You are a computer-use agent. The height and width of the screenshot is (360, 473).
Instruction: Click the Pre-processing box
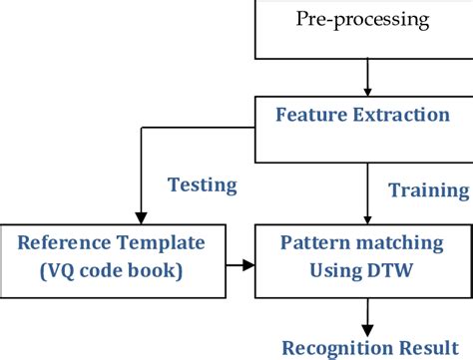(x=363, y=28)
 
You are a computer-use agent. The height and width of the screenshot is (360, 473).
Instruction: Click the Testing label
(x=202, y=184)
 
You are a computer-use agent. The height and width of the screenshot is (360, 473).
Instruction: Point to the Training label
(x=428, y=189)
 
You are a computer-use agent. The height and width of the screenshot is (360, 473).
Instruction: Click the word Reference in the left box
(x=66, y=242)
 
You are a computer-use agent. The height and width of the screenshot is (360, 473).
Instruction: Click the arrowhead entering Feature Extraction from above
(x=368, y=89)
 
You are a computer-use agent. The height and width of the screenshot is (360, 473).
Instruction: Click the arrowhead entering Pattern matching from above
(x=368, y=218)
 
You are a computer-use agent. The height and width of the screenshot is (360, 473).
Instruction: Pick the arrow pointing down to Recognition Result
(x=368, y=319)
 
